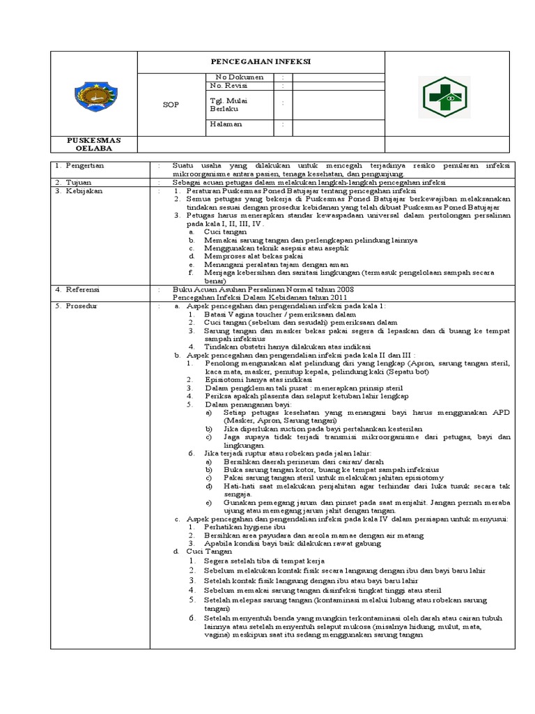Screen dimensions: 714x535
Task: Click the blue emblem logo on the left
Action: coord(93,97)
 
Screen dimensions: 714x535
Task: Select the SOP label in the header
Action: coord(171,105)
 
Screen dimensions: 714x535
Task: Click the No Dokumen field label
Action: coord(240,77)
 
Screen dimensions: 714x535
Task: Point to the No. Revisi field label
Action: coord(230,85)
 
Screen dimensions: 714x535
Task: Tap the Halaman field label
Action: coord(226,124)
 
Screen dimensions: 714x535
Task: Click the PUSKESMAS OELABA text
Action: coord(93,144)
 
